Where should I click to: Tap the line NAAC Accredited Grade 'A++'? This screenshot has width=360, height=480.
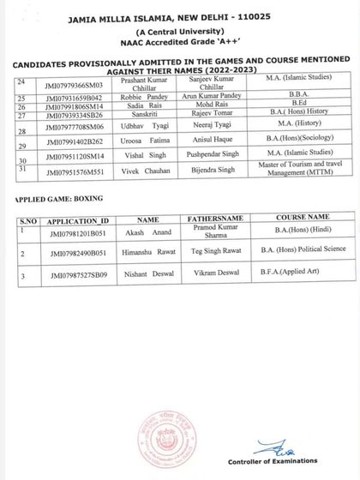click(x=180, y=39)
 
